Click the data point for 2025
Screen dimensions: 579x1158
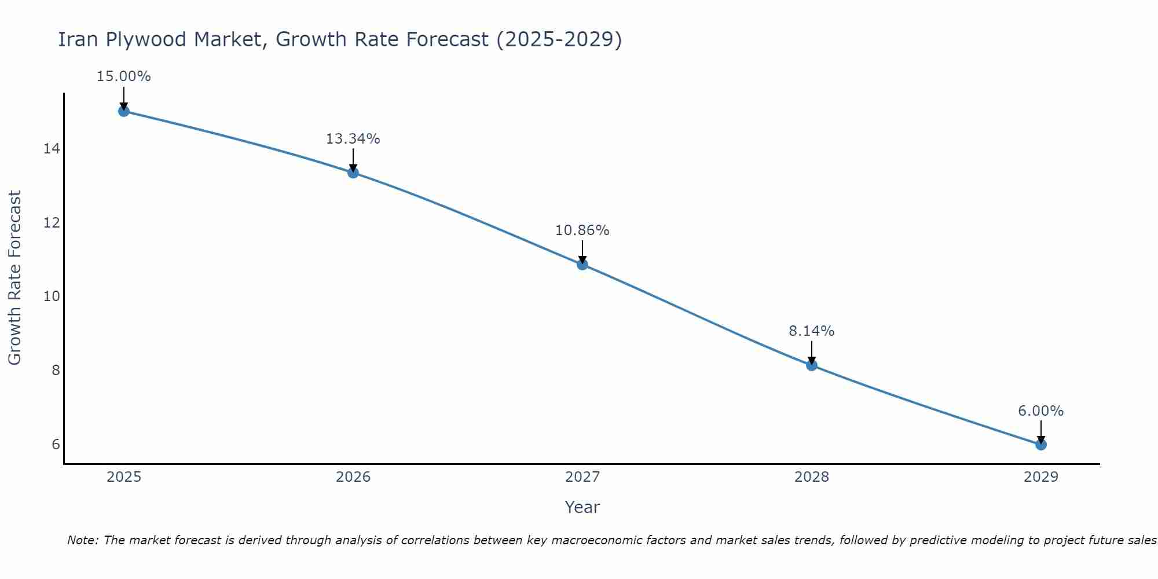(x=124, y=111)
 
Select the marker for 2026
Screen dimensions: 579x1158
(x=353, y=173)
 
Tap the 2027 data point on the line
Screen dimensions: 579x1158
(x=582, y=265)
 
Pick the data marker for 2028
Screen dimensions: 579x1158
(x=812, y=365)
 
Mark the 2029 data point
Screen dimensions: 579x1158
(x=1041, y=445)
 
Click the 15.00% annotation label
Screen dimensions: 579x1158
(x=124, y=76)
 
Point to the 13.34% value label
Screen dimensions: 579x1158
(x=353, y=139)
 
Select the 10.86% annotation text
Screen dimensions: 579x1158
(x=582, y=230)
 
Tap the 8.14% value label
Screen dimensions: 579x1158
(x=812, y=331)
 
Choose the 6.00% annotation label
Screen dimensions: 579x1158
(x=1041, y=411)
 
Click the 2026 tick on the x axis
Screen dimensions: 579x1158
(x=353, y=477)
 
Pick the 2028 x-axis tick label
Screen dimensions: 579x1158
(x=812, y=477)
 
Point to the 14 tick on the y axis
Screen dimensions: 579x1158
(x=52, y=149)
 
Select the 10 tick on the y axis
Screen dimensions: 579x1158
(x=52, y=296)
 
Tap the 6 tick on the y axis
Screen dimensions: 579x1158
(x=56, y=444)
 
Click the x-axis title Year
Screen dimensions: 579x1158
(x=582, y=507)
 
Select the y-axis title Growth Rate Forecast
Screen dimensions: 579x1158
(x=14, y=278)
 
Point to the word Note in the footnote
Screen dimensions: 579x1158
(x=82, y=540)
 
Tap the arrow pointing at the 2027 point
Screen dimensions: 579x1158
(x=582, y=252)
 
